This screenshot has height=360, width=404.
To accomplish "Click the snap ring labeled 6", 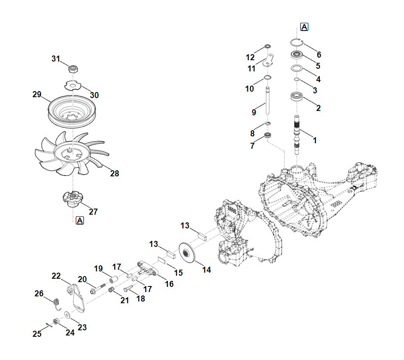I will click(296, 42).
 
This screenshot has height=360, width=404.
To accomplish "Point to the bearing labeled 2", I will click(296, 97).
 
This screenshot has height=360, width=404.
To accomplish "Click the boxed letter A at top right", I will click(304, 27).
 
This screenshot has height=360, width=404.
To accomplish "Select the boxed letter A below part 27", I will click(80, 221).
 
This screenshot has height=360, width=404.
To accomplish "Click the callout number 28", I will click(114, 174).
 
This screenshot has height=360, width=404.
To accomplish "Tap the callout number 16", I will click(169, 284).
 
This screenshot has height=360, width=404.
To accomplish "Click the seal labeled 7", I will click(268, 136).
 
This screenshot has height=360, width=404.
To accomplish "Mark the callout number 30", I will click(94, 95).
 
